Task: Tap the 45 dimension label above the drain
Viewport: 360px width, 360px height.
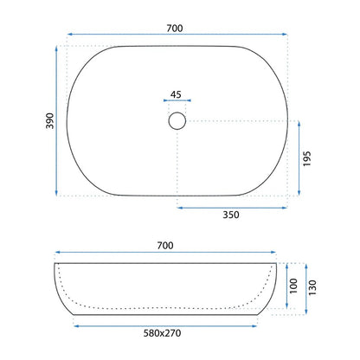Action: pyautogui.click(x=176, y=94)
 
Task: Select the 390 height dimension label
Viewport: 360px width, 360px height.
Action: pyautogui.click(x=50, y=121)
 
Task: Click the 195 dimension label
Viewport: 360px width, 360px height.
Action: pyautogui.click(x=307, y=158)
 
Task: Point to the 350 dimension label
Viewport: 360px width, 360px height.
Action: pyautogui.click(x=231, y=215)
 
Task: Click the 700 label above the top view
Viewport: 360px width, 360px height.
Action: pyautogui.click(x=175, y=29)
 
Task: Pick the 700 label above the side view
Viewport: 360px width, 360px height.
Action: pyautogui.click(x=165, y=246)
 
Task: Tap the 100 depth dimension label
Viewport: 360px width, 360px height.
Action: pyautogui.click(x=293, y=286)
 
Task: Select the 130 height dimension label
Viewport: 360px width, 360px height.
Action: pyautogui.click(x=312, y=287)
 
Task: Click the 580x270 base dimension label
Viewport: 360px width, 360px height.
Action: pyautogui.click(x=162, y=333)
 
